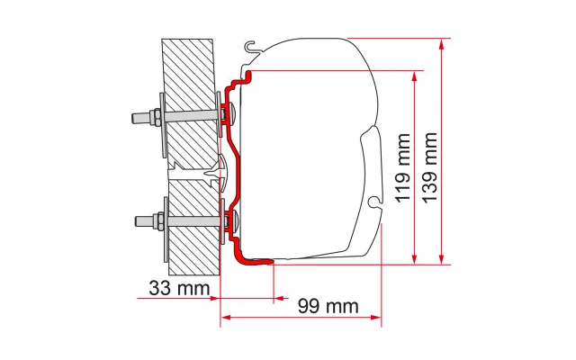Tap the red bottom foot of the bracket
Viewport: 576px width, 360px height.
(257, 262)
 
